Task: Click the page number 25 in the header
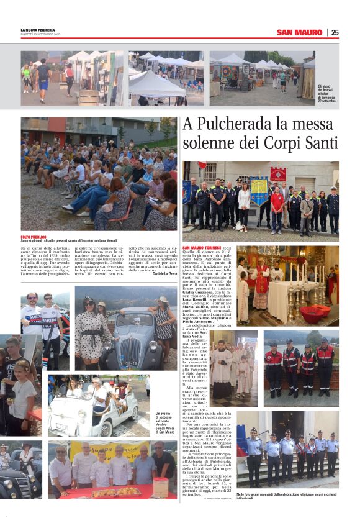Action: (x=335, y=32)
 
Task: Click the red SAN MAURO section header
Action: (x=299, y=32)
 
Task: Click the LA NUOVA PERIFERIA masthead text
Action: (x=38, y=30)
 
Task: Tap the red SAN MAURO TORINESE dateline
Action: (x=202, y=248)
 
